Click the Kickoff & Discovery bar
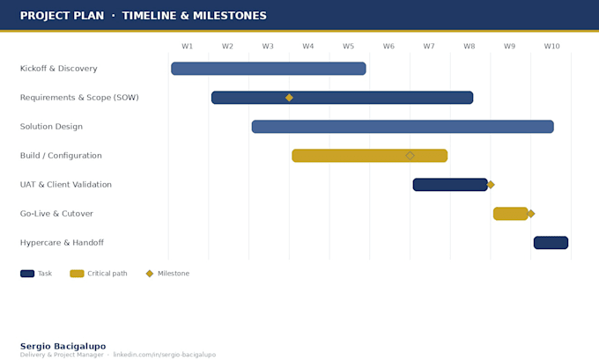(269, 69)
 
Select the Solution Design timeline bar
(403, 127)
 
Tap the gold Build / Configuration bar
(370, 156)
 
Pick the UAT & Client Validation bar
(450, 185)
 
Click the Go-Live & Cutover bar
(510, 214)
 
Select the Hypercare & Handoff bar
(551, 243)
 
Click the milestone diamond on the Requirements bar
(289, 98)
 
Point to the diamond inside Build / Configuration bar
(410, 156)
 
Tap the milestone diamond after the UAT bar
(491, 185)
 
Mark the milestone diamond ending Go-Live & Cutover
(530, 214)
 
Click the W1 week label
(187, 46)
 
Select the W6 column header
(388, 46)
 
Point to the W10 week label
(551, 46)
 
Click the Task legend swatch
(27, 274)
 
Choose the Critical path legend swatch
(77, 274)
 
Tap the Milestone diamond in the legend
(150, 274)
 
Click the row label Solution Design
(51, 127)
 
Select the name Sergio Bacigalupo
(63, 346)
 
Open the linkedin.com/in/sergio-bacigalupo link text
(165, 355)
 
